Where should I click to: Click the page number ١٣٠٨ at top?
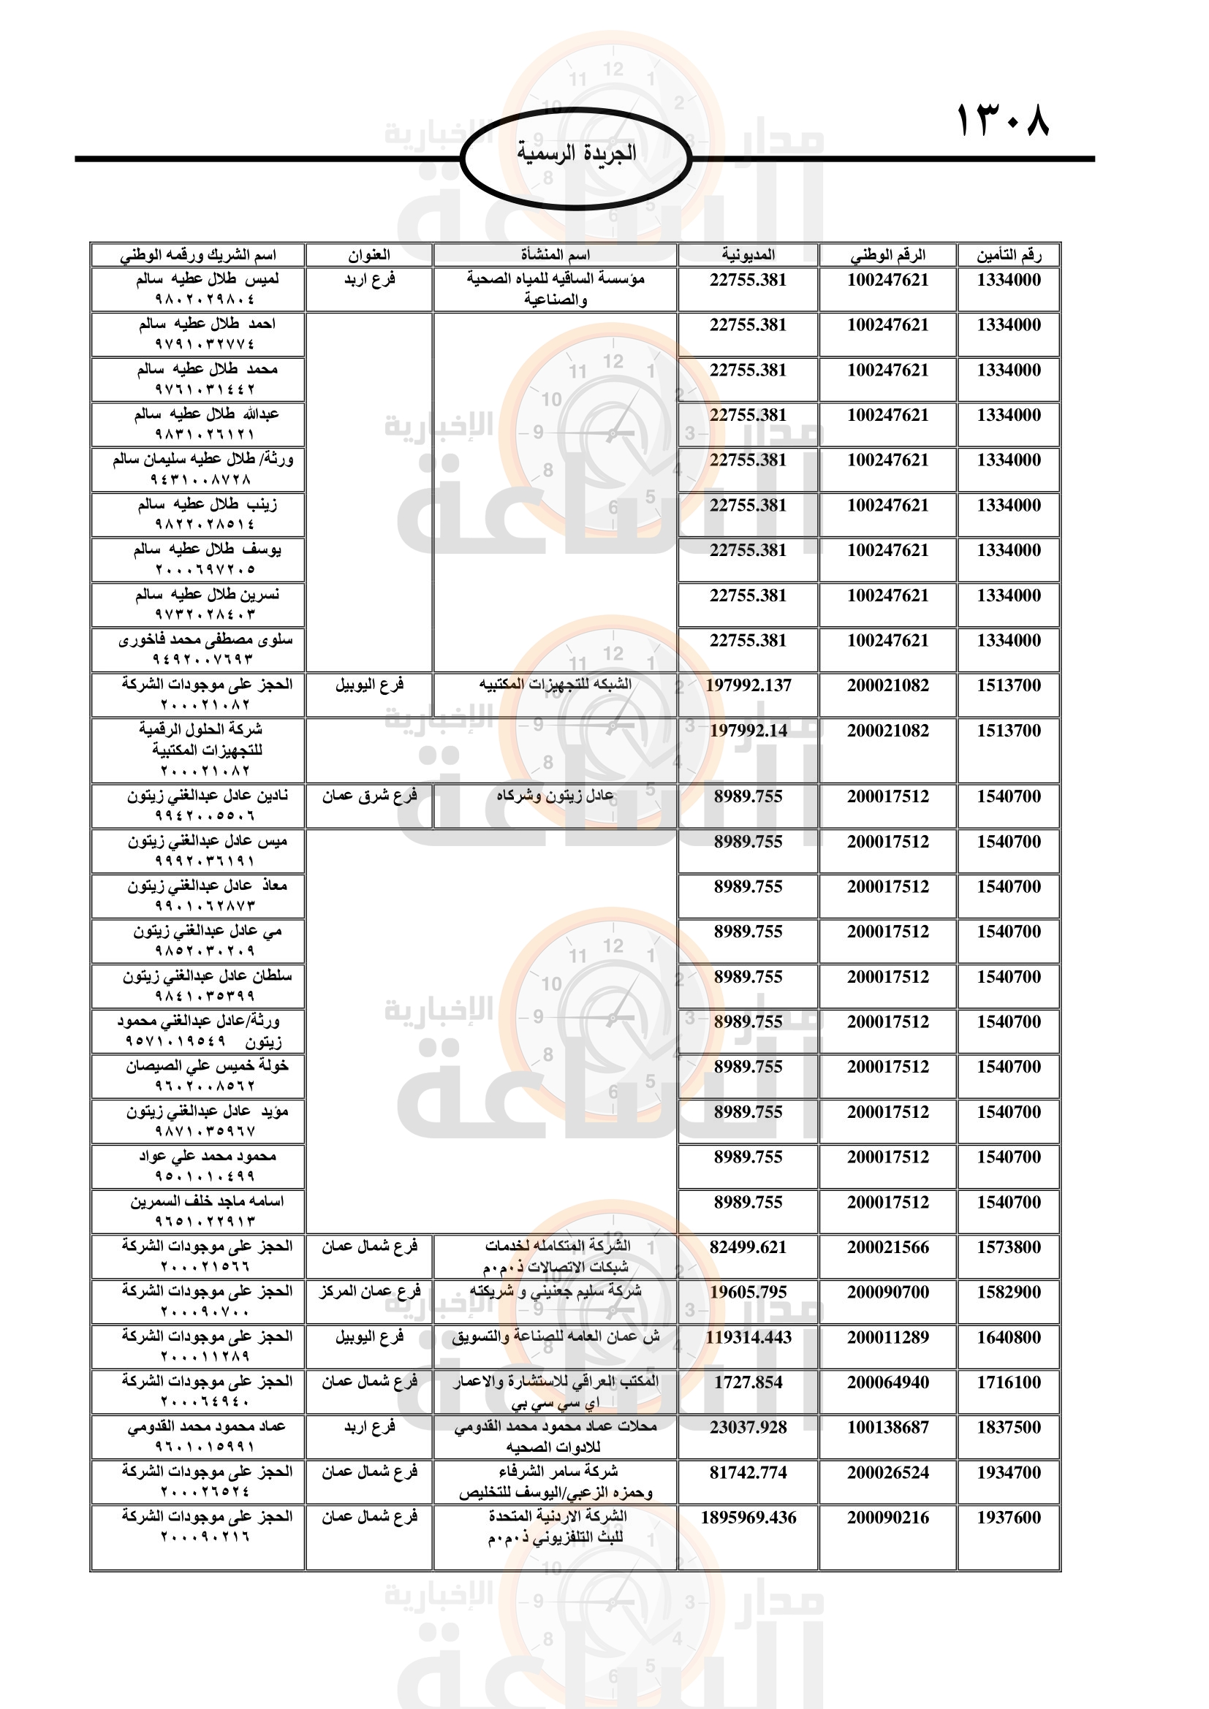point(1002,121)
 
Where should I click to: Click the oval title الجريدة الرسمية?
point(576,153)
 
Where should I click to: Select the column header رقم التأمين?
point(1009,255)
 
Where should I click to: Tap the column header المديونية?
point(748,255)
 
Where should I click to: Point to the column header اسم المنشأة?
point(556,255)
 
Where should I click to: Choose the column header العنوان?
point(369,255)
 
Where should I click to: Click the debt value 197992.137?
point(748,685)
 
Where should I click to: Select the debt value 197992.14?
point(748,731)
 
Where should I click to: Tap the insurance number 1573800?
point(1009,1247)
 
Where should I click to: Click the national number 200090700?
point(887,1293)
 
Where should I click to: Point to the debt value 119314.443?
point(748,1338)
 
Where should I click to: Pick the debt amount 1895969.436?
point(748,1518)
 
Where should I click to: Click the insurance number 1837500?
point(1009,1428)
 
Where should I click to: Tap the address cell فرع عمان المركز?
point(369,1293)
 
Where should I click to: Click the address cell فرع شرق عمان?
point(369,796)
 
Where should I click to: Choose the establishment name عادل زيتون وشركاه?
point(556,796)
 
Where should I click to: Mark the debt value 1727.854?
point(748,1383)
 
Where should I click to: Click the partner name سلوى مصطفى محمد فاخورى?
point(205,640)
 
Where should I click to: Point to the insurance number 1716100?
point(1009,1383)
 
